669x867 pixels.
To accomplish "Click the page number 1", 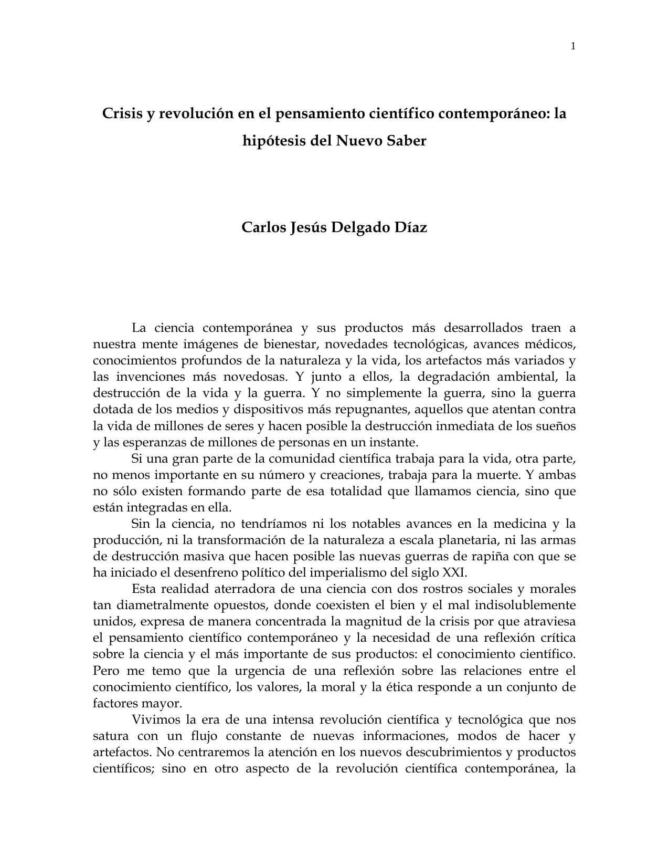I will click(573, 47).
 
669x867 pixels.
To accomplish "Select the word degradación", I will click(450, 377).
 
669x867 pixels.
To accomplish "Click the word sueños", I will click(558, 426).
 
